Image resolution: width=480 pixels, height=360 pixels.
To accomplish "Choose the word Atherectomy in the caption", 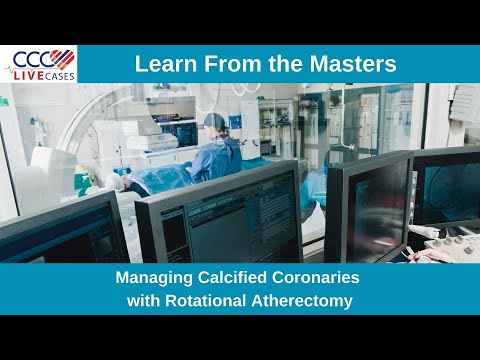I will click(310, 299).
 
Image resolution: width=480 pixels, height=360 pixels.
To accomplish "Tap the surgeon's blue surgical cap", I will click(215, 123).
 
